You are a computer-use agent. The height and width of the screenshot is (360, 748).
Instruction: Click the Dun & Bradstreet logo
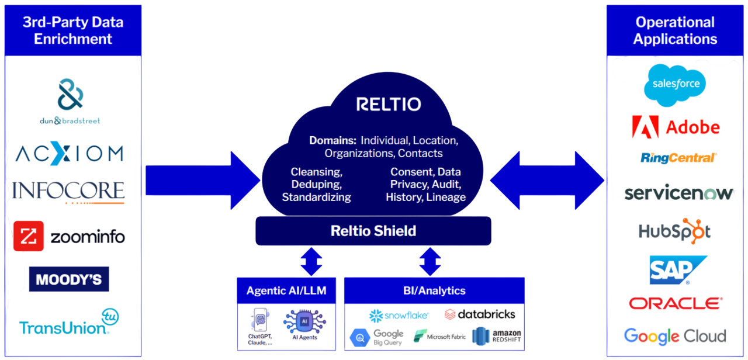tap(70, 103)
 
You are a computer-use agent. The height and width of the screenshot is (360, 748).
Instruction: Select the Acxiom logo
tap(69, 154)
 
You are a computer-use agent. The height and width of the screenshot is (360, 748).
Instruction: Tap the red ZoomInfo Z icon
tap(28, 237)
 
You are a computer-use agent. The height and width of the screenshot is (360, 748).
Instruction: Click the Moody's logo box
tap(69, 279)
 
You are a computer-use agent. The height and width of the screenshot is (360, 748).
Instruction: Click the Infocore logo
tap(69, 191)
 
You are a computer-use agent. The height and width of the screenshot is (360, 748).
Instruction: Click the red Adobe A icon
tap(645, 127)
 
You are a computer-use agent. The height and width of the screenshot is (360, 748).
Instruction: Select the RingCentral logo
tap(678, 158)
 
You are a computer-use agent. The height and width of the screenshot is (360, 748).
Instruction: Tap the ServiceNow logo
tap(678, 193)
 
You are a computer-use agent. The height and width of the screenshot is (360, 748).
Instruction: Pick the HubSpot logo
tap(675, 230)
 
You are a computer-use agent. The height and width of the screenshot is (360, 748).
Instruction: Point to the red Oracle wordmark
tap(676, 303)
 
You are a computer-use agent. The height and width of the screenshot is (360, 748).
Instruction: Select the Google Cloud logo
tap(675, 336)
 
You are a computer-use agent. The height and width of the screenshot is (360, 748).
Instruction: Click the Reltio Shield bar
tap(373, 231)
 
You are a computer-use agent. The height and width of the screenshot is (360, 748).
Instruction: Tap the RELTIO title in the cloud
tap(389, 105)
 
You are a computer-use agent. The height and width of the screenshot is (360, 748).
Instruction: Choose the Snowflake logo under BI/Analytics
tap(399, 316)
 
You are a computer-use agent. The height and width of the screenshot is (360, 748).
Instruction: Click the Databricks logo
tap(480, 314)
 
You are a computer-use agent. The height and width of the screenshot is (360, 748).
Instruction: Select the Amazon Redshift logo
tap(497, 336)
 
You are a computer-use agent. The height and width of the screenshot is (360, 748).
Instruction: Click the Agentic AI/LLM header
tap(286, 290)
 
